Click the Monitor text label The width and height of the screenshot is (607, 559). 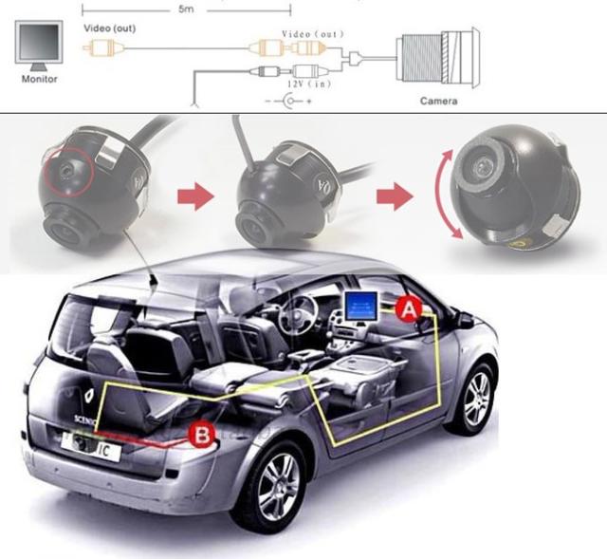[39, 79]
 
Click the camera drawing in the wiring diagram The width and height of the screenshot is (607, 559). [439, 57]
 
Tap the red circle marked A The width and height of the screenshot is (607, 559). [408, 307]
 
